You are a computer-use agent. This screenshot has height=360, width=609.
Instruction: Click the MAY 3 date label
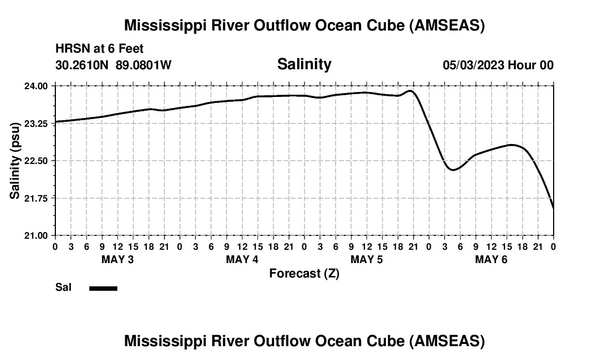[117, 260]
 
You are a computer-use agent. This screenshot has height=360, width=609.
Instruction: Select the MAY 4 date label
[242, 260]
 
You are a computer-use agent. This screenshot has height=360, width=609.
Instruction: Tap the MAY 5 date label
[367, 260]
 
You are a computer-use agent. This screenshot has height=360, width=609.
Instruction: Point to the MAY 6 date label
[492, 260]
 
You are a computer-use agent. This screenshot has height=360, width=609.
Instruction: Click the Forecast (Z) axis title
[304, 274]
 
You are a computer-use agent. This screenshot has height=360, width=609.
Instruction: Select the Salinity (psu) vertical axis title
[15, 161]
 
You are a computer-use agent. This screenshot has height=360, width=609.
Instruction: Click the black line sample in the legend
[104, 288]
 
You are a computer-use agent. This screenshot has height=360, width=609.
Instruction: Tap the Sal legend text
[63, 287]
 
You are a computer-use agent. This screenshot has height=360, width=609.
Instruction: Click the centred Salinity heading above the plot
[304, 64]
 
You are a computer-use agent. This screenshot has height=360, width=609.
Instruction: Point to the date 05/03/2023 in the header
[473, 65]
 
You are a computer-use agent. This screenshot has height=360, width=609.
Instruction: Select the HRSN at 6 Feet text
[100, 49]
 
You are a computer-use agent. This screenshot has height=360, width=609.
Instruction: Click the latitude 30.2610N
[83, 65]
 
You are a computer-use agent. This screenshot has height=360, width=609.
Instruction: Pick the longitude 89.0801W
[143, 65]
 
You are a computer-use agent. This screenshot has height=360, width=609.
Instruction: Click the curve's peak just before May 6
[410, 91]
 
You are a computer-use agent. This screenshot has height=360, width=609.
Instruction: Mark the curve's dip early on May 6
[453, 169]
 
